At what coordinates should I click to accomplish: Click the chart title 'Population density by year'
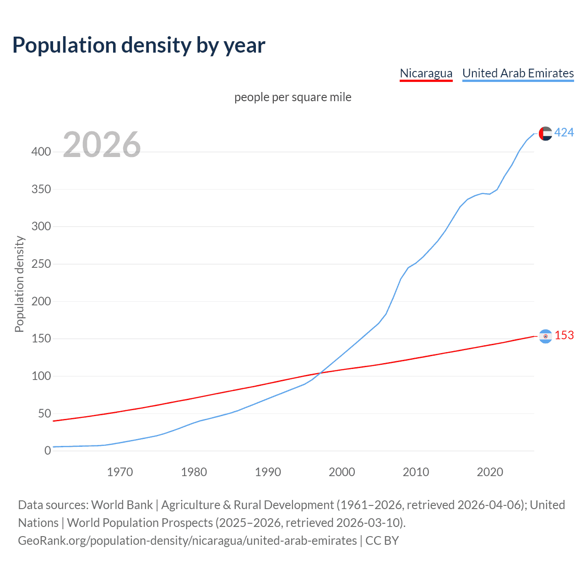(139, 45)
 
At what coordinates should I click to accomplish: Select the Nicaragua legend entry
(426, 73)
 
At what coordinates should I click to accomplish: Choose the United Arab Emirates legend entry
(518, 73)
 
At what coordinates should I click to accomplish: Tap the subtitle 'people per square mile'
(293, 97)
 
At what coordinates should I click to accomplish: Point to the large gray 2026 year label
(102, 145)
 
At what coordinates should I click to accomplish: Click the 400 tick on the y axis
(41, 152)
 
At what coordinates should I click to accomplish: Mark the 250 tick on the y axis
(41, 264)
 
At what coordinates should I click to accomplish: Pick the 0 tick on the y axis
(48, 450)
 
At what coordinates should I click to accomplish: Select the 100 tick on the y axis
(41, 376)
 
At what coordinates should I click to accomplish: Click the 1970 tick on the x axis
(120, 472)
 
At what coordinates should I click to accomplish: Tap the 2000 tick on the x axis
(342, 472)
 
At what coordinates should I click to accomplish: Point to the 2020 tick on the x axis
(490, 472)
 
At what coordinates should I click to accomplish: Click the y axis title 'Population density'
(19, 284)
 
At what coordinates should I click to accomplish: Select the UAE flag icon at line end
(545, 133)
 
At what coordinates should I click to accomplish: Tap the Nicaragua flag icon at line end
(545, 336)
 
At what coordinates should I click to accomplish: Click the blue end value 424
(564, 133)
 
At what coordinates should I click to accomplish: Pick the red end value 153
(564, 336)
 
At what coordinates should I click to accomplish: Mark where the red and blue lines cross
(320, 373)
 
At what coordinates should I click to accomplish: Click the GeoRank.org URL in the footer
(187, 541)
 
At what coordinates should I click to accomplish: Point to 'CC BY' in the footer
(382, 541)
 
